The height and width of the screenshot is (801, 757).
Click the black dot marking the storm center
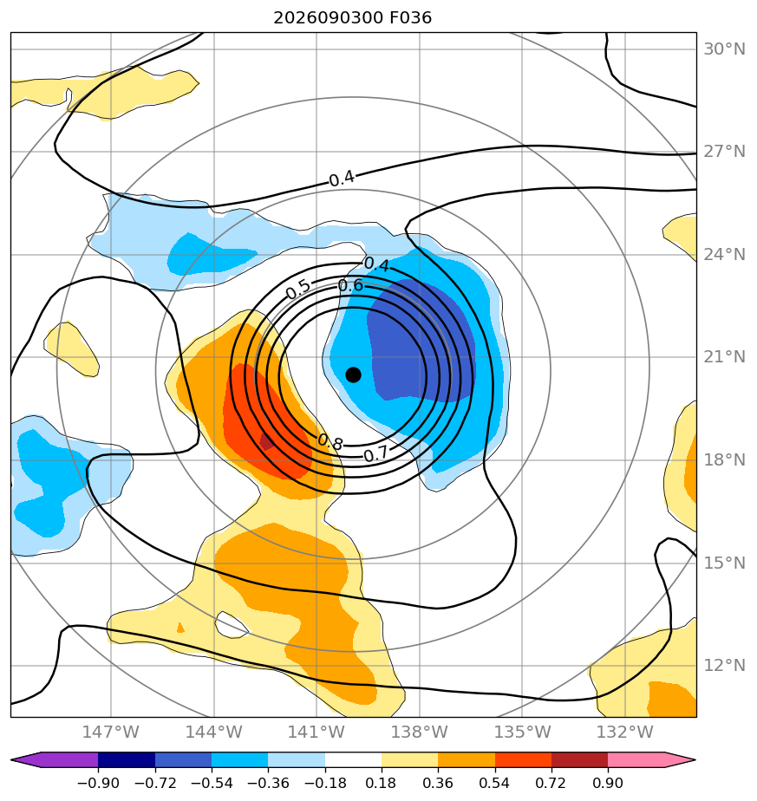(x=353, y=375)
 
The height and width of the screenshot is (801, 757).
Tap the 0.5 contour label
(x=298, y=290)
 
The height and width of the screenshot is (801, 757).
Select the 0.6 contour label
(x=351, y=285)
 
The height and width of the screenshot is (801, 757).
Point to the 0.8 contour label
(x=330, y=442)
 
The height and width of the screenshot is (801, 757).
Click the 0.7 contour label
(x=376, y=453)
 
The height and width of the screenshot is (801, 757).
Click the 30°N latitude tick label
(x=724, y=49)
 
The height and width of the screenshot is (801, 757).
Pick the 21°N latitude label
(x=724, y=357)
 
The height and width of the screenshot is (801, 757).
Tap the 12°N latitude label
(x=724, y=665)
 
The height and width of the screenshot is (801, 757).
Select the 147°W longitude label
(x=110, y=732)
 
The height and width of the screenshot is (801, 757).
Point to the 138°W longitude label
(x=419, y=732)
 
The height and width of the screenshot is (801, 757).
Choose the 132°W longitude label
(x=624, y=732)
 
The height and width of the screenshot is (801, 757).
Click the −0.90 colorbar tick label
(x=98, y=783)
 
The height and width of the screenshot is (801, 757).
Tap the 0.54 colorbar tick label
(x=495, y=783)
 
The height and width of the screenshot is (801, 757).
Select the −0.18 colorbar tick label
(x=324, y=783)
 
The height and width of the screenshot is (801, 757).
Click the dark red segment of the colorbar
(x=579, y=759)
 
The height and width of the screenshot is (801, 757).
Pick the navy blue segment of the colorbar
(x=127, y=759)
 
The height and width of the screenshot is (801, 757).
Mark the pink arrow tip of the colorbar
(x=695, y=759)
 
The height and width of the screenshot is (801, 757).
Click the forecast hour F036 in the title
(x=410, y=18)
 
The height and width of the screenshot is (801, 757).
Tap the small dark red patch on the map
(x=267, y=441)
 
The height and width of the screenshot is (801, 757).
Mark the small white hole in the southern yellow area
(x=232, y=625)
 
